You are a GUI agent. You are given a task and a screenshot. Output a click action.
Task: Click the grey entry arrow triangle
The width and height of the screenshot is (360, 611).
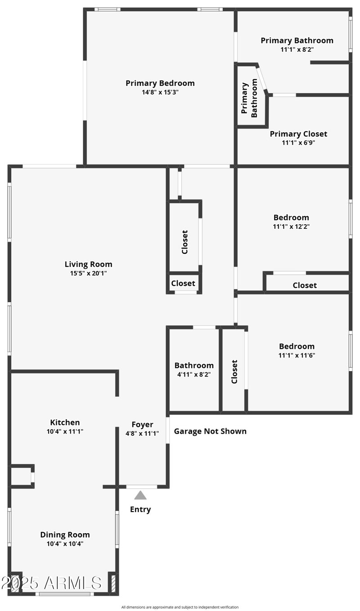coord(140,495)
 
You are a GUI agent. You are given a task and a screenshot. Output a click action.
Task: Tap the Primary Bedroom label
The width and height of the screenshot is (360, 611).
coord(160,83)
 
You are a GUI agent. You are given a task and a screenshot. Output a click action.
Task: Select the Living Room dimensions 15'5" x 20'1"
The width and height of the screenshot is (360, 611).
coord(88,273)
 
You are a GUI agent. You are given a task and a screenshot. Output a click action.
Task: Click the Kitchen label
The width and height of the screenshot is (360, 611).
coord(65,422)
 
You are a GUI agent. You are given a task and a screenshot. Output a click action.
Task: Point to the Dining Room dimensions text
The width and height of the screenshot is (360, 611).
coord(65,543)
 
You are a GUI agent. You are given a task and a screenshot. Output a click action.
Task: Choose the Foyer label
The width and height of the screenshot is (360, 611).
coord(142,425)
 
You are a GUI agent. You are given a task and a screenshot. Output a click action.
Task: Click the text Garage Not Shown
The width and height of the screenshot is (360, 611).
coord(210,431)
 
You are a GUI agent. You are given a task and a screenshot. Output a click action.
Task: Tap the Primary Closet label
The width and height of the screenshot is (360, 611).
coord(298,134)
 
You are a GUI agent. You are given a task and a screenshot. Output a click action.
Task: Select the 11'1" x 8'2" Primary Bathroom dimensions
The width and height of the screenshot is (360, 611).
coord(297,50)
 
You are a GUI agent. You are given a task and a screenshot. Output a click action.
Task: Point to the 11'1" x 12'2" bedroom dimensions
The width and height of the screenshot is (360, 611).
coord(291,226)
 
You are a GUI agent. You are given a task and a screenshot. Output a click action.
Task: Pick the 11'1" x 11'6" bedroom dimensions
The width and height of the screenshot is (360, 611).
coord(297,355)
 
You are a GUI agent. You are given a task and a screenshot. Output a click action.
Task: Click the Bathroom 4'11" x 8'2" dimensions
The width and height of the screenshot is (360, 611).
coord(194,374)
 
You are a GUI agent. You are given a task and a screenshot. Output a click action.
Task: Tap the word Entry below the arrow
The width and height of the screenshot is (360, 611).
coord(140,510)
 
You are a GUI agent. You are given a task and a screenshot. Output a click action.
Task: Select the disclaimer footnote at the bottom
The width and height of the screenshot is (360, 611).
coord(180,607)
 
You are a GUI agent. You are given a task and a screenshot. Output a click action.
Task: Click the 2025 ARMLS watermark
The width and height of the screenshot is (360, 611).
coord(51,583)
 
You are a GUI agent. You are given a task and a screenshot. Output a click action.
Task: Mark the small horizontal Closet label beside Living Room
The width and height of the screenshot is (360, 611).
coord(183,283)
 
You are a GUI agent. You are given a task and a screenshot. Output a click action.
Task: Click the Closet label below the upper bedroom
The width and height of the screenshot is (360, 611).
coord(305,285)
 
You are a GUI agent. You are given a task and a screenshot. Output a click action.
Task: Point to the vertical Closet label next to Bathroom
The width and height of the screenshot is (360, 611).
coord(234,371)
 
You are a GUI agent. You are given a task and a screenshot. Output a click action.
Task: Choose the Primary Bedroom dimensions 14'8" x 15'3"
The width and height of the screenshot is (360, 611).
coord(160,92)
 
